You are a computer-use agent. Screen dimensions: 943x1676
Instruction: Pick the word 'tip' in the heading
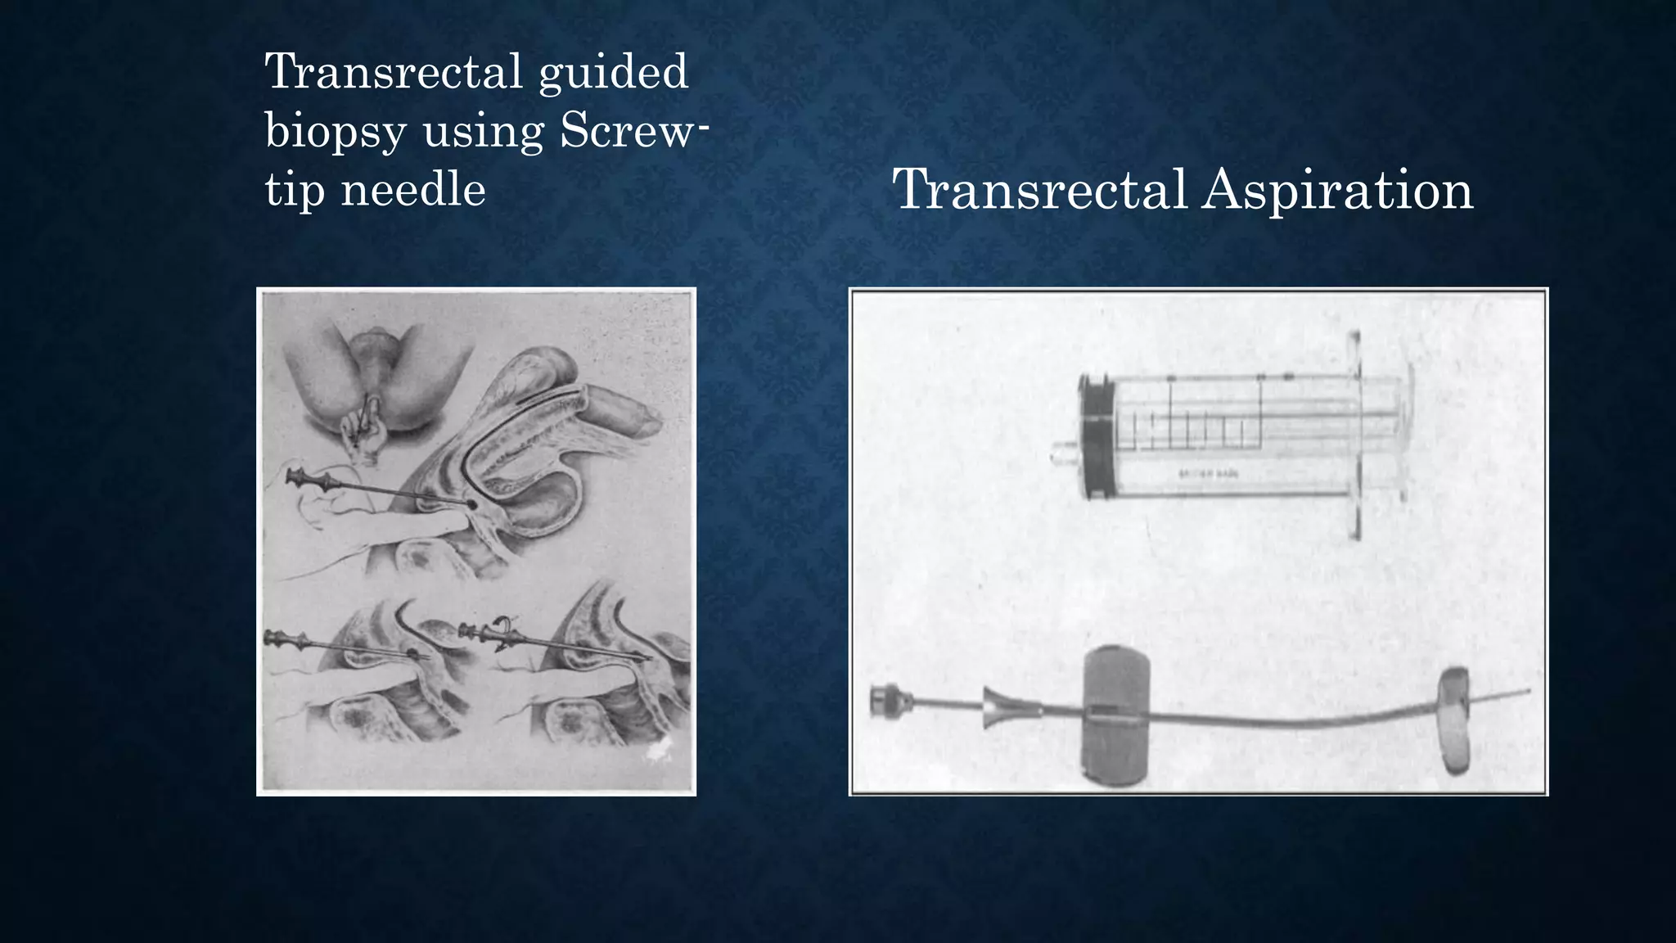coord(293,190)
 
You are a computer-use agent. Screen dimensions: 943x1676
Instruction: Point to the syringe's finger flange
coord(1354,434)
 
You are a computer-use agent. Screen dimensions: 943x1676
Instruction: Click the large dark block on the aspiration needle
coord(1115,711)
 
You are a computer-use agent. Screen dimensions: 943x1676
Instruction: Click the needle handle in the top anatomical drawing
coord(311,479)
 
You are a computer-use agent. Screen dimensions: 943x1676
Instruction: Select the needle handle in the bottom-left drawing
coord(286,638)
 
